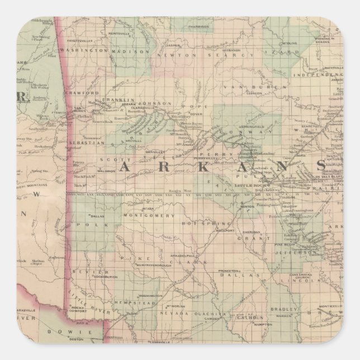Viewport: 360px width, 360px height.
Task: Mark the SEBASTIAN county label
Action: (87, 143)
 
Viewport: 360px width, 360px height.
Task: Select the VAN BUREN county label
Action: (243, 88)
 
